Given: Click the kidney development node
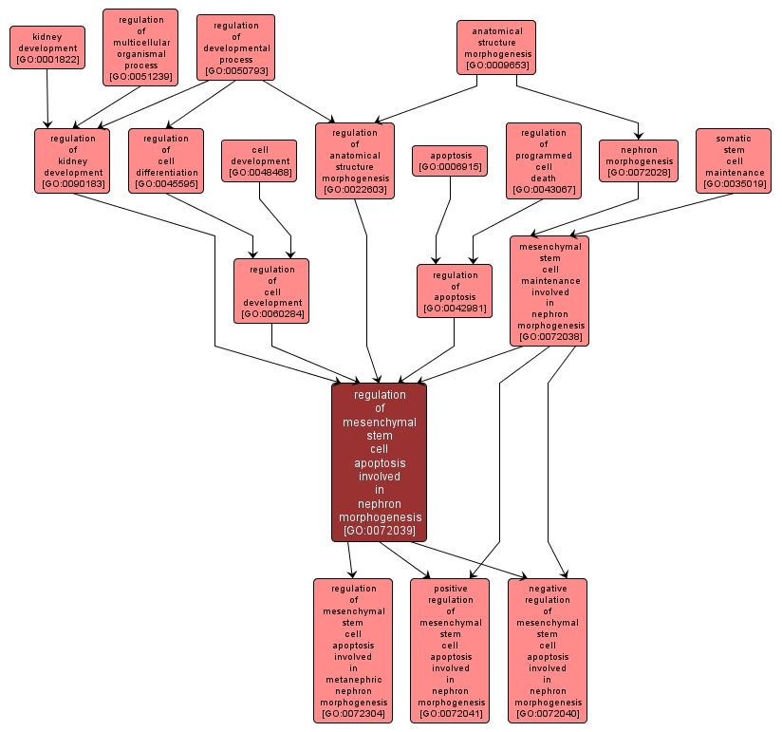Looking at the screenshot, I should tap(47, 47).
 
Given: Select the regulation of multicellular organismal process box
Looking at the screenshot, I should tap(140, 47).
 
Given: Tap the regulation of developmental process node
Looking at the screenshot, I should tap(236, 47).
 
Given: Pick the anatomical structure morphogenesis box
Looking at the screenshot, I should tap(496, 48).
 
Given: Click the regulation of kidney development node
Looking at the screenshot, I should tap(72, 160).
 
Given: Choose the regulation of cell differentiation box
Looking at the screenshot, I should tap(166, 160).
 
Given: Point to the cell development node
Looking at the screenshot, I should tap(259, 160).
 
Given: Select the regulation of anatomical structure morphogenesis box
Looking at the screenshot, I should tap(355, 161).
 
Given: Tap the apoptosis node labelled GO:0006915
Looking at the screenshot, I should tap(450, 160).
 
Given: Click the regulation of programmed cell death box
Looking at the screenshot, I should tap(544, 161).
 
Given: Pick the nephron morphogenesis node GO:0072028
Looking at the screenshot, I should tap(639, 160).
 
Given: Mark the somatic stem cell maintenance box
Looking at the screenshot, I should tap(734, 160).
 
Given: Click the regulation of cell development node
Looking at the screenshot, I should tap(271, 291).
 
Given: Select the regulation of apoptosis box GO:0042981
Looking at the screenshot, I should tap(455, 291).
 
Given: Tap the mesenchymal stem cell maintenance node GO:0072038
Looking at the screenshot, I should tap(549, 291).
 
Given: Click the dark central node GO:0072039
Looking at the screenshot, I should tap(380, 462).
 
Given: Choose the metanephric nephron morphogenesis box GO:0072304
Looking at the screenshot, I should tap(353, 650).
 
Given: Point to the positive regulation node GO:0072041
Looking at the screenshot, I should tap(450, 650).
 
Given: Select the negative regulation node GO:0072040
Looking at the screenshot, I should tap(548, 650).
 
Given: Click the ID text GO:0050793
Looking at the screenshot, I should tap(236, 70).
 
